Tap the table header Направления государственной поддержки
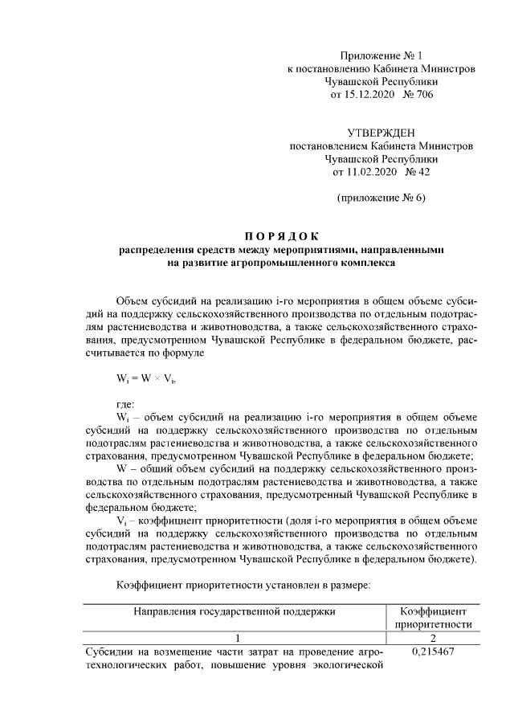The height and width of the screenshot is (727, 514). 234,612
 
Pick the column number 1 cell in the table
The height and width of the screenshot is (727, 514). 234,637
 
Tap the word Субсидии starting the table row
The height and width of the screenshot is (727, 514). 109,651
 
